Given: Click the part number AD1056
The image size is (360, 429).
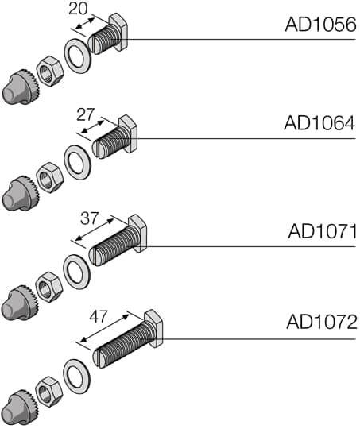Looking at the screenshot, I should [320, 25].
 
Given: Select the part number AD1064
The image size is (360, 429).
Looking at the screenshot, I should [319, 124].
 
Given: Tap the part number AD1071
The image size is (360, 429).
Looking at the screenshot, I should [322, 231].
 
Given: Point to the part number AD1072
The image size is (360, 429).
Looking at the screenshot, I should [321, 323].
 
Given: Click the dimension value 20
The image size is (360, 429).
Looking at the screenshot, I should [79, 9].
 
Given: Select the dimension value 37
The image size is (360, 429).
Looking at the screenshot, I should [90, 217].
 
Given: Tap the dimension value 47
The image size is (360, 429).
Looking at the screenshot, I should [98, 316].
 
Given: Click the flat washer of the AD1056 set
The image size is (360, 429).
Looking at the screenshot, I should [78, 59].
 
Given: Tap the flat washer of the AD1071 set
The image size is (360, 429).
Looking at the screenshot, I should [76, 270].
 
